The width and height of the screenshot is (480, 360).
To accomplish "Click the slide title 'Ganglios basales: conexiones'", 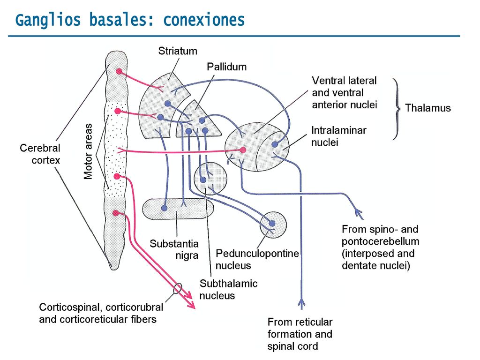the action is [130, 20].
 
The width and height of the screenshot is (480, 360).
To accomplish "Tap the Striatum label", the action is [178, 51].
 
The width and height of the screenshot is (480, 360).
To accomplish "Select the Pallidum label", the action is [226, 67].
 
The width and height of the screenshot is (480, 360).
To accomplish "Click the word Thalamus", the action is [427, 108].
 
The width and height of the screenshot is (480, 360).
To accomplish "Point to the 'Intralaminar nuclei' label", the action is [338, 136].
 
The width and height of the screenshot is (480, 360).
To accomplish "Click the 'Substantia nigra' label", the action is [174, 249].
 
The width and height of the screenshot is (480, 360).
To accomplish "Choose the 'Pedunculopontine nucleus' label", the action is [257, 259].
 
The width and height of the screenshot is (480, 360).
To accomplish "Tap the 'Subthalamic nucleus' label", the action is [228, 289].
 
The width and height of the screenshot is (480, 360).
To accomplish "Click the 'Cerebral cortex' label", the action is [40, 154].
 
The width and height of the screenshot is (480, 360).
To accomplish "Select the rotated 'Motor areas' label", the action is [88, 151].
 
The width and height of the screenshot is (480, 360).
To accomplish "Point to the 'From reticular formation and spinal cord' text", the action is [300, 334].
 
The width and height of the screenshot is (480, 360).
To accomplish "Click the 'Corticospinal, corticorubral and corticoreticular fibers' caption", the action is [101, 313].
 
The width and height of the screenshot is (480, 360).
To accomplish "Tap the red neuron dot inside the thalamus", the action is [243, 150].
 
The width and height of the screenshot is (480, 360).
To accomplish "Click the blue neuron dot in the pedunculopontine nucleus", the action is [272, 223].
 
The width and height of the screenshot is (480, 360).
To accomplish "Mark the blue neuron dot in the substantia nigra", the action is [165, 208].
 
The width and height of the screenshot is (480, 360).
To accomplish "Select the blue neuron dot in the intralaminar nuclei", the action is [275, 144].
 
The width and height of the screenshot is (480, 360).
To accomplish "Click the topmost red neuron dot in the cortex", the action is [119, 72].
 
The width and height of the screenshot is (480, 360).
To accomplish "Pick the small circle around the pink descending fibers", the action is [178, 288].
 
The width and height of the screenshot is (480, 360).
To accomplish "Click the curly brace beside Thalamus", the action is [397, 109].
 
